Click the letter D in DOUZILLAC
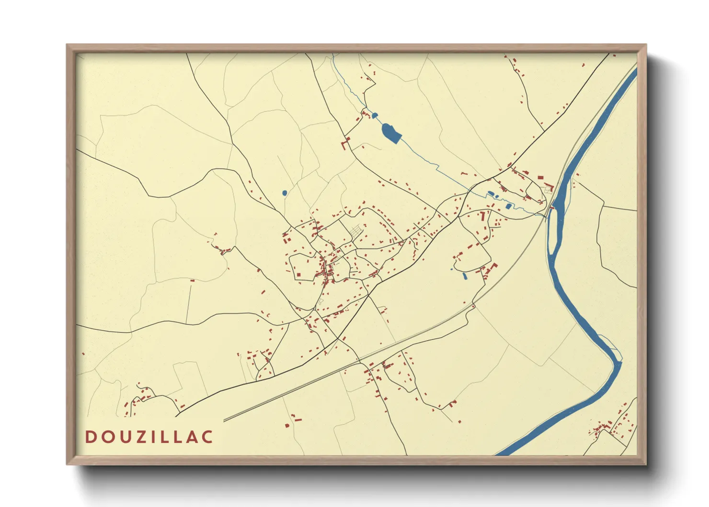point(91,437)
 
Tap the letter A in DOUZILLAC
point(194,437)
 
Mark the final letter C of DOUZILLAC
point(207,437)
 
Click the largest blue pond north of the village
point(391,132)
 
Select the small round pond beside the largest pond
point(375,115)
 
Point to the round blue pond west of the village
point(285,193)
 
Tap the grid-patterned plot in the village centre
point(355,232)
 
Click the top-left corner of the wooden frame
point(67,45)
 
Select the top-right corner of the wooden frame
point(646,45)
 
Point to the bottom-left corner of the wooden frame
point(67,464)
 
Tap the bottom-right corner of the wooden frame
point(646,464)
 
